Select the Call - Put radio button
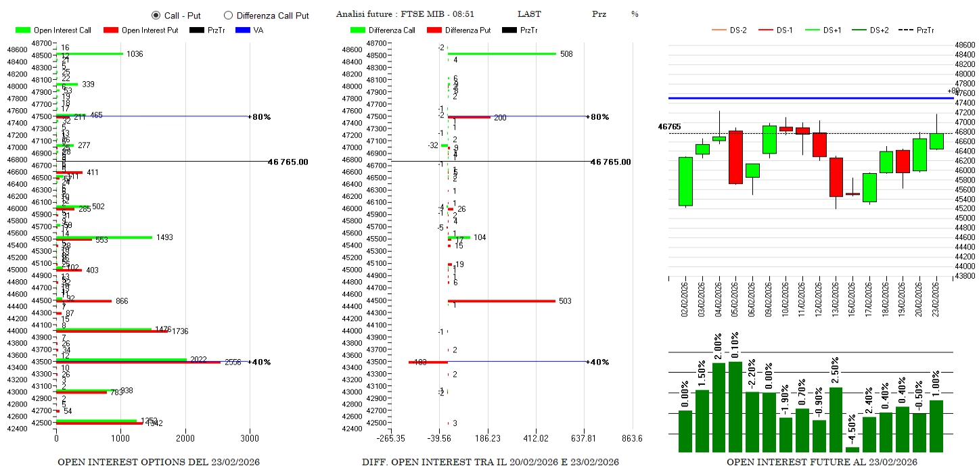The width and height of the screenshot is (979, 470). [156, 15]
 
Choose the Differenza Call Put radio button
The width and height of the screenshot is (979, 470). [228, 15]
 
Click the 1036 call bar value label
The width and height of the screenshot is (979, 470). [135, 54]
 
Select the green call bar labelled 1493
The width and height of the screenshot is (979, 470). [104, 237]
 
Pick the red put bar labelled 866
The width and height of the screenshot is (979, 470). [84, 301]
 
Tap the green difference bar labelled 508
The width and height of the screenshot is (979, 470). [502, 53]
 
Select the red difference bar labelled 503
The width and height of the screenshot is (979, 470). [501, 301]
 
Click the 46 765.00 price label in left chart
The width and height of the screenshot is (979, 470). [288, 162]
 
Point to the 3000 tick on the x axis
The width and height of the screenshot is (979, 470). [250, 438]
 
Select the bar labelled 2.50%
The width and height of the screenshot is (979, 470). [836, 419]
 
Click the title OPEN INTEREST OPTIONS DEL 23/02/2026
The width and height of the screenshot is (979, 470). [158, 462]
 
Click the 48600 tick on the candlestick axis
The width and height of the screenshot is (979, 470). [965, 44]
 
